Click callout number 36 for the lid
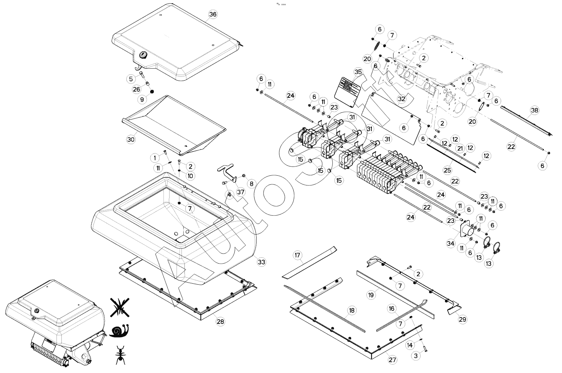tap(213, 14)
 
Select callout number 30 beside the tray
tap(131, 140)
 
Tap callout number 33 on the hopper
tap(261, 262)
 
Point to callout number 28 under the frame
tap(220, 322)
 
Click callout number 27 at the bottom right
tap(392, 360)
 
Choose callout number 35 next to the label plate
tap(358, 72)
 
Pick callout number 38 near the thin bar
tap(534, 110)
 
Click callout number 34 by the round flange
tap(451, 243)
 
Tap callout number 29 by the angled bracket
tap(463, 319)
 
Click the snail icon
tap(119, 331)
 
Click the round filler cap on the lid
tap(143, 55)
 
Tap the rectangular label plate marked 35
tap(348, 90)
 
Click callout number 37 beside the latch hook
tap(240, 192)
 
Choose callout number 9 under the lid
tap(142, 100)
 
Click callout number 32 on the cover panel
tap(402, 99)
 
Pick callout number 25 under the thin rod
tap(447, 170)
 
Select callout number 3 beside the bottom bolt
tap(416, 356)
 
